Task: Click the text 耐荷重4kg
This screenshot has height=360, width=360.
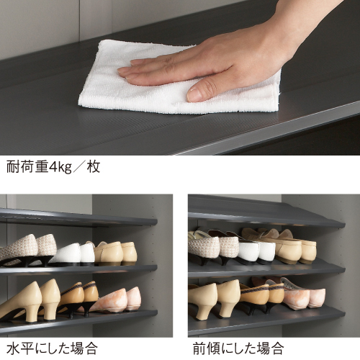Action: (39, 167)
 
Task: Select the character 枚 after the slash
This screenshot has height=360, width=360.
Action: (94, 167)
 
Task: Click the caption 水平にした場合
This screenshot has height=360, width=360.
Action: (52, 348)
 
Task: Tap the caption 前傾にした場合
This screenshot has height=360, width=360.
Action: (238, 348)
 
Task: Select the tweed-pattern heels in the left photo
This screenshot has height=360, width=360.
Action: (27, 250)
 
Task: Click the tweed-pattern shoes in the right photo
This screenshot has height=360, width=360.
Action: (214, 247)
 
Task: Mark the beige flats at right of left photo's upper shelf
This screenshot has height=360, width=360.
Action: (115, 253)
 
